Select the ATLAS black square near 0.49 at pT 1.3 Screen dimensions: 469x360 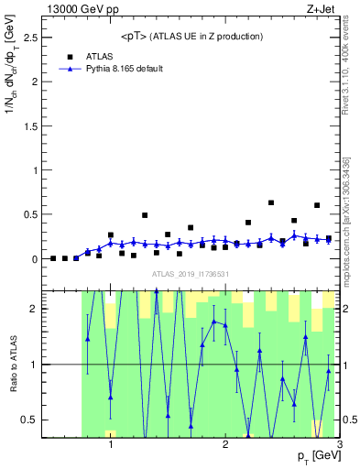(x=145, y=215)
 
